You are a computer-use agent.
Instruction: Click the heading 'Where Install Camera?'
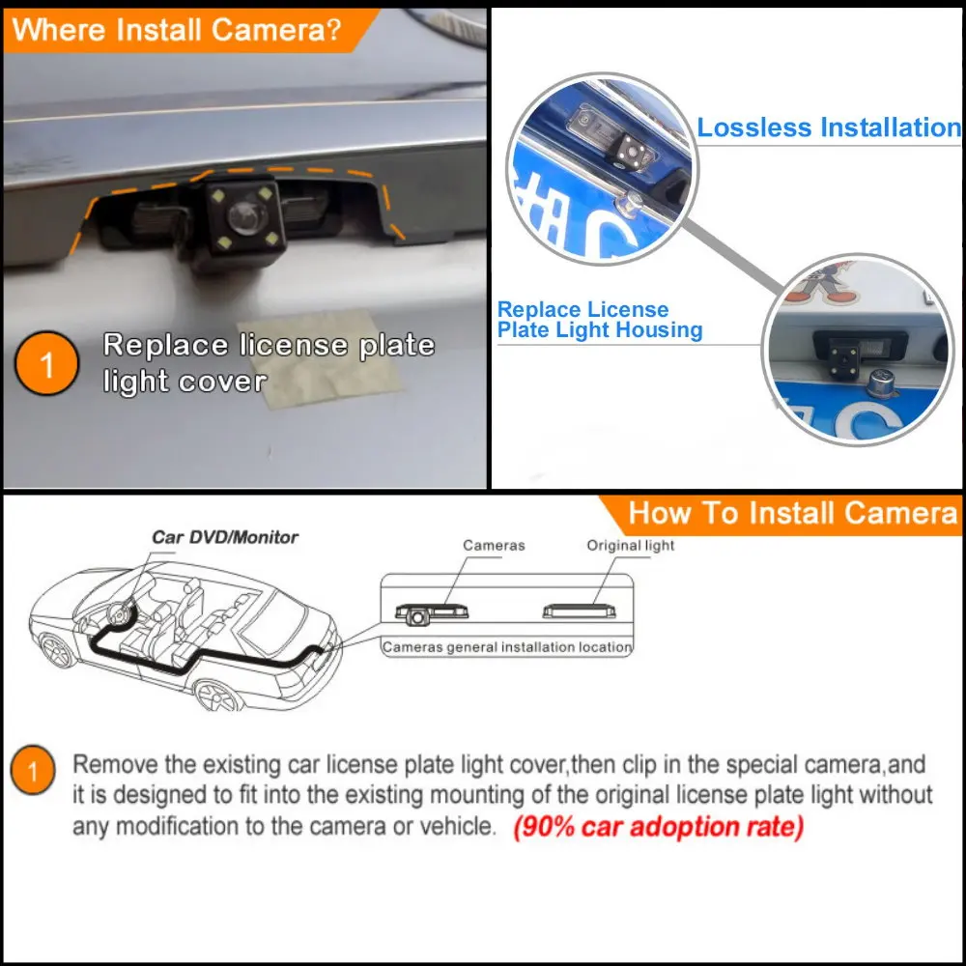[176, 30]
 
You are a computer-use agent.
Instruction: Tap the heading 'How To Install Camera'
[793, 513]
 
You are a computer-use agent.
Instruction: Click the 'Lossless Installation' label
[829, 128]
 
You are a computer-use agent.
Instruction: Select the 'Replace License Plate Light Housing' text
[600, 319]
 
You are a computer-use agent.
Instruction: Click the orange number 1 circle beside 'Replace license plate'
[46, 363]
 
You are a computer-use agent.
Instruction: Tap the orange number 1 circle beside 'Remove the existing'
[33, 770]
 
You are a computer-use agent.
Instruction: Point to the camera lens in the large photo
[245, 216]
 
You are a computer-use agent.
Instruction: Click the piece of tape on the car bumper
[321, 357]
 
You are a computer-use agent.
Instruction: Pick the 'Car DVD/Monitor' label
[225, 537]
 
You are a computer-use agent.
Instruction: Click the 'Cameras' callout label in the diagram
[494, 545]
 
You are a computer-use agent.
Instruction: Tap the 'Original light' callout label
[630, 545]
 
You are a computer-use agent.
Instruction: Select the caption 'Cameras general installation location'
[507, 647]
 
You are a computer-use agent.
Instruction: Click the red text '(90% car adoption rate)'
[659, 826]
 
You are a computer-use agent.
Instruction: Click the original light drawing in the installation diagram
[579, 611]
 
